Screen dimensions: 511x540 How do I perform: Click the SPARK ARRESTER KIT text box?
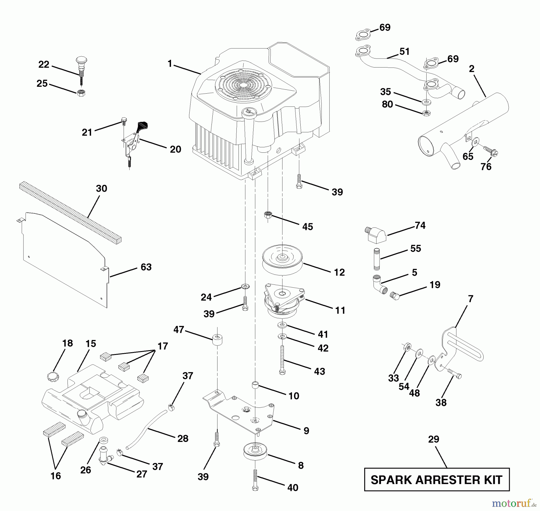[436, 479]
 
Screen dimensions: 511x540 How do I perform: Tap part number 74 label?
[420, 225]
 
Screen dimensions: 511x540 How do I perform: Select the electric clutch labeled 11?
[283, 301]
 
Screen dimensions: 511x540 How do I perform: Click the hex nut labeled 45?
[268, 215]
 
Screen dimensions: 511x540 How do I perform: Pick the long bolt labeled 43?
[282, 360]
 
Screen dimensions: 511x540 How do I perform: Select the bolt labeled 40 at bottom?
[255, 479]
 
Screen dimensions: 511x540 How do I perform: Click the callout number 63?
[146, 267]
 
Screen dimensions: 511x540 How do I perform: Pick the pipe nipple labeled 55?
[377, 259]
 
